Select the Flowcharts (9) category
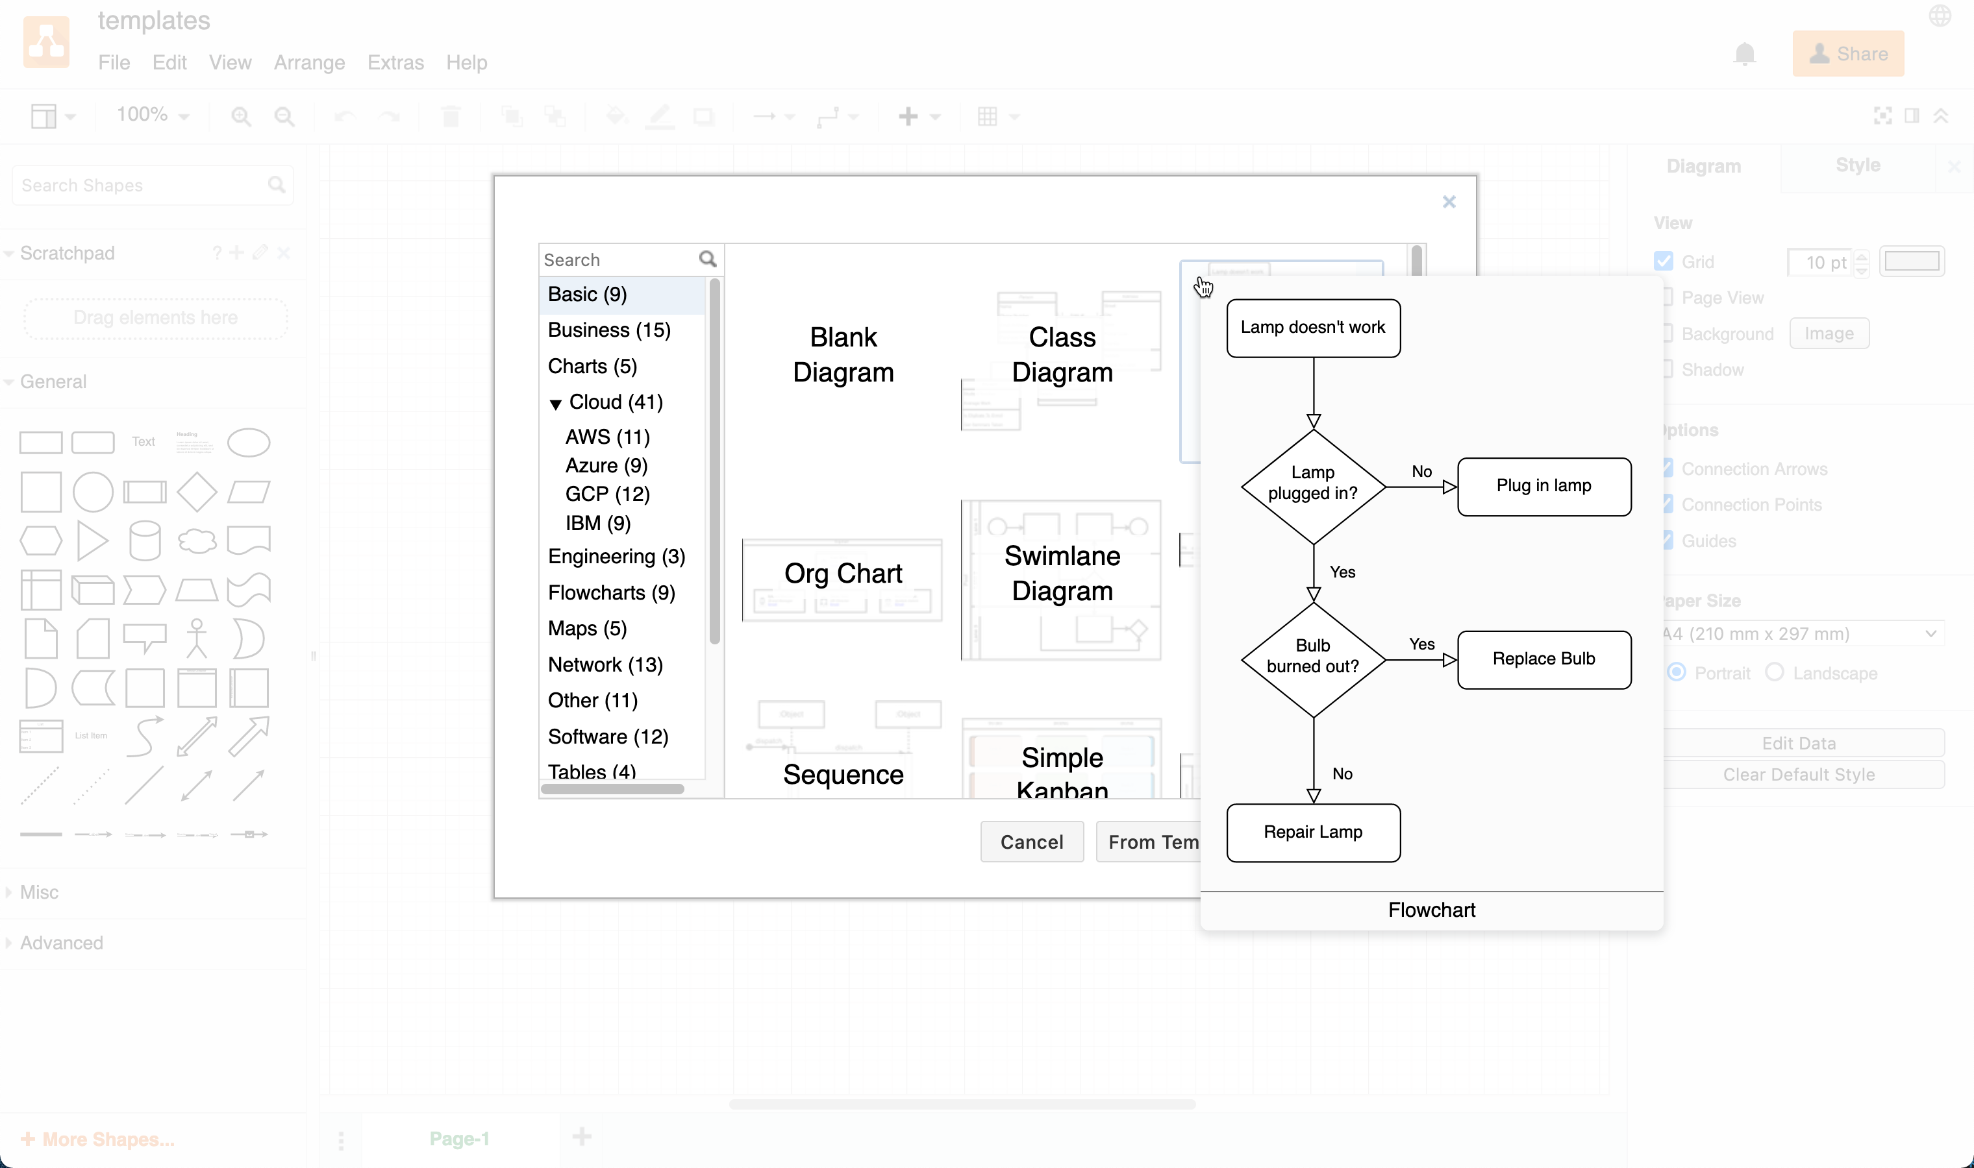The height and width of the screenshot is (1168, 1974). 611,592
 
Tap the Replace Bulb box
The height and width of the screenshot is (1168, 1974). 1543,659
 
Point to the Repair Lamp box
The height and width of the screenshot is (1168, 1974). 1312,832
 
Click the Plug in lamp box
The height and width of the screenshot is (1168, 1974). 1543,485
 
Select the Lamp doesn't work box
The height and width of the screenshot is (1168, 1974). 1312,328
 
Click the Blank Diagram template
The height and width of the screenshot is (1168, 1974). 842,355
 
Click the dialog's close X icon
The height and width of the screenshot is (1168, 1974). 1448,202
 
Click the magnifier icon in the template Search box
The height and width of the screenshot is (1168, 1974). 707,259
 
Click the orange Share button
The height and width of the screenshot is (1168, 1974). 1847,53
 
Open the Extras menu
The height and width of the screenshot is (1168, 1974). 395,62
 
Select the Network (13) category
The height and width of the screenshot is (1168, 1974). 605,664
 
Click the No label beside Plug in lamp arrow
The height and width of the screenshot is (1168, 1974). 1421,472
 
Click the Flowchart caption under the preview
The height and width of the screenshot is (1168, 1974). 1431,910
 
